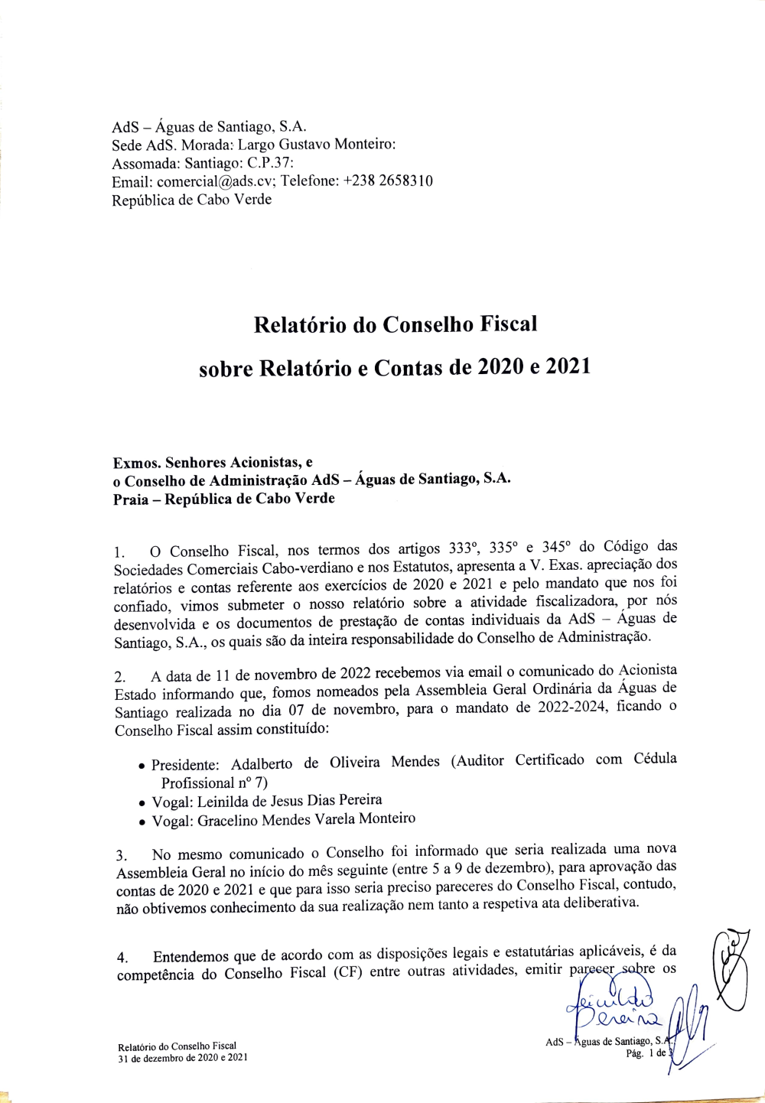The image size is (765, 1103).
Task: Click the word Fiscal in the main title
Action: [x=509, y=324]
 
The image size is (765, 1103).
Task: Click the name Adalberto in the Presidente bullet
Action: [x=267, y=763]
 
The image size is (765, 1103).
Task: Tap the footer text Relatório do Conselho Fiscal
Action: [x=177, y=1046]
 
